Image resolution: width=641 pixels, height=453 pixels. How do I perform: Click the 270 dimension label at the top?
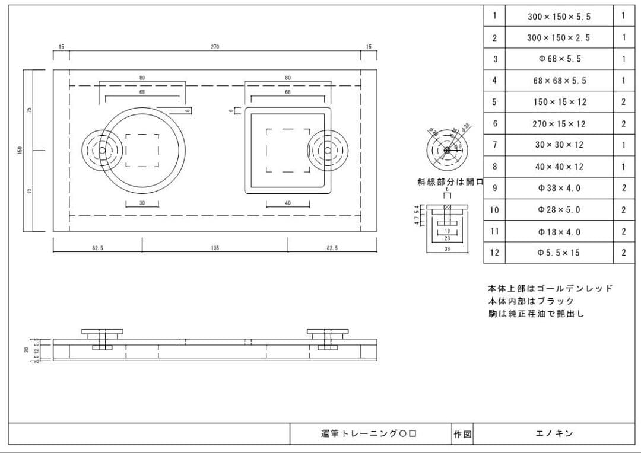tap(215, 47)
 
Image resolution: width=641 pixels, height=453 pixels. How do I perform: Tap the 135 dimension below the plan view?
tap(215, 248)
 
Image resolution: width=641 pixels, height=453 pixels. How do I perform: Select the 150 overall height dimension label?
tap(19, 151)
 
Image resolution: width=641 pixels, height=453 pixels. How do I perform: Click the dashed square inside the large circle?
tap(142, 151)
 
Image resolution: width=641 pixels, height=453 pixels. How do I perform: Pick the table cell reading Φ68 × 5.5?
tap(559, 59)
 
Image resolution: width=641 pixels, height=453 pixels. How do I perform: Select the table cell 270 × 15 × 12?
tap(559, 124)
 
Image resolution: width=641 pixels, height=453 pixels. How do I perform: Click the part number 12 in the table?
tap(494, 253)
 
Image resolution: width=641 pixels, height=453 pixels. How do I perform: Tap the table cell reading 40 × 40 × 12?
tap(559, 167)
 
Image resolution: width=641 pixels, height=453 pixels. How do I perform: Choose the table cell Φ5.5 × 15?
tap(559, 253)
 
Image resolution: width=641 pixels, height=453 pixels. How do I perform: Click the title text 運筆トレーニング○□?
tap(369, 434)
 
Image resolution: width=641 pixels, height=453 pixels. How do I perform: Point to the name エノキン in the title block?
tap(554, 434)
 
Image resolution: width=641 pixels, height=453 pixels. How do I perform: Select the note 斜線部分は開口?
tap(450, 182)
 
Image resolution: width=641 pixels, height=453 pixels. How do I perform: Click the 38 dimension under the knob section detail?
tap(447, 249)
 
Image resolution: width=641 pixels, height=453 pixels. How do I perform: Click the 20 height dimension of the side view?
tap(26, 350)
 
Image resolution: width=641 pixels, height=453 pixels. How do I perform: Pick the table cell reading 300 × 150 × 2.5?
tap(559, 38)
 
